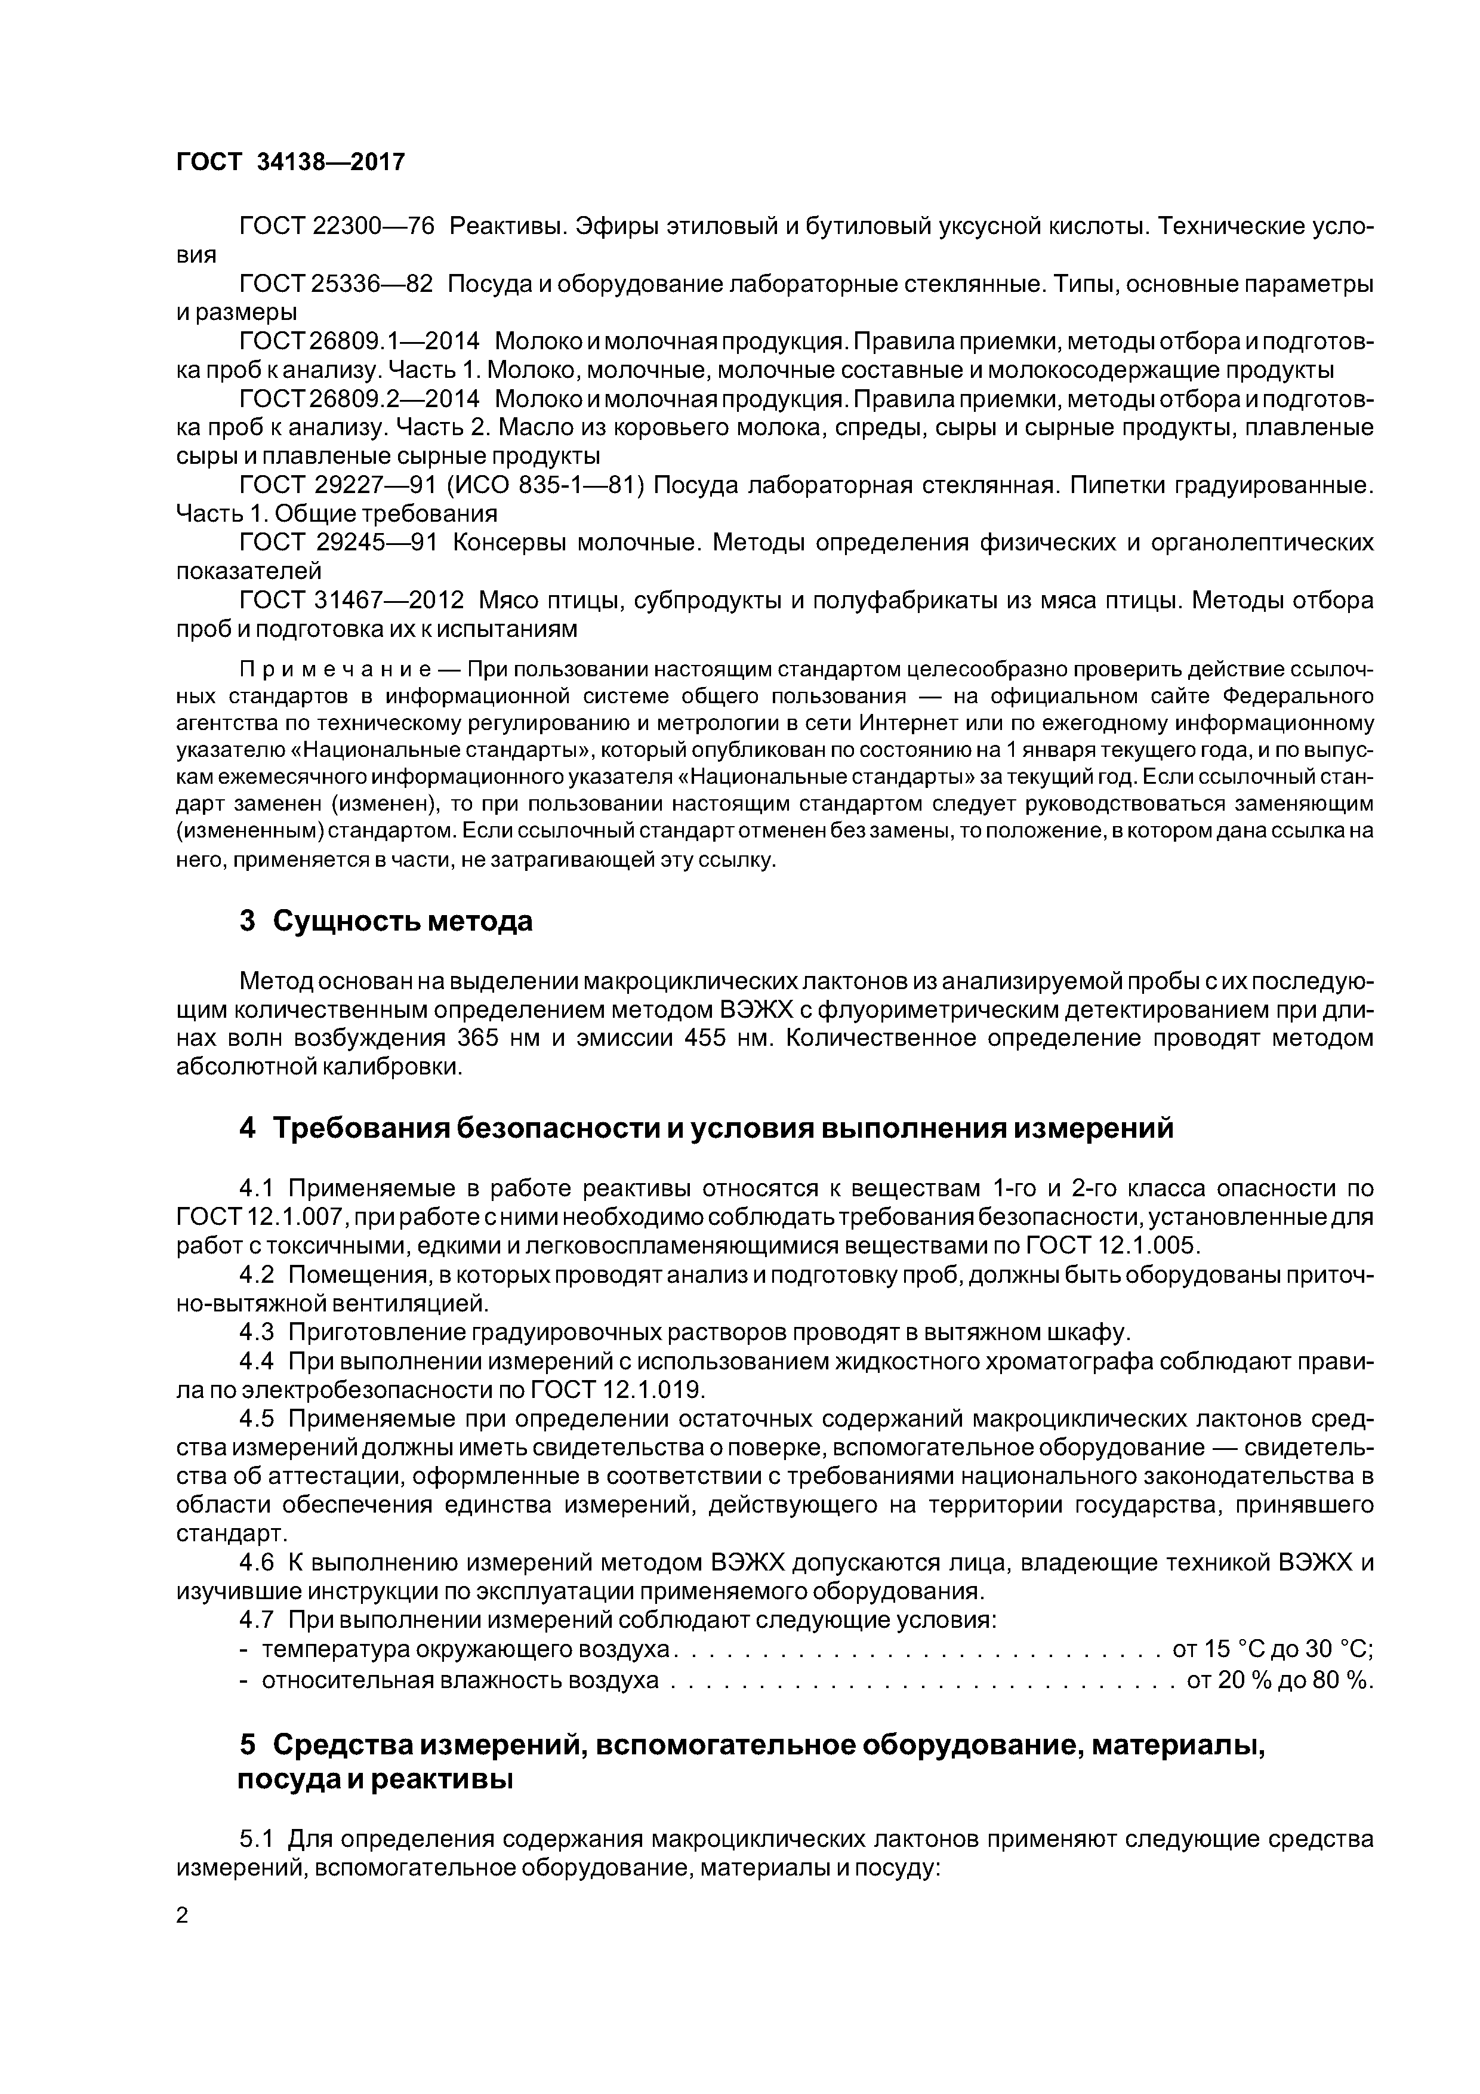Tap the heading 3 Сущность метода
pos(386,921)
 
